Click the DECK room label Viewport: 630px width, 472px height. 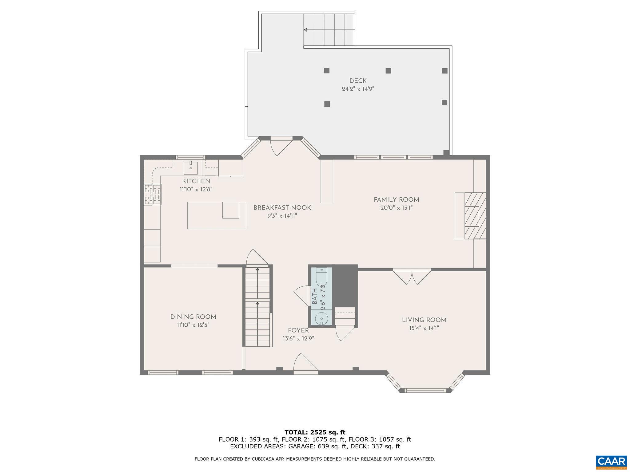358,81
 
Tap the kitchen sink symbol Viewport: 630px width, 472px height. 191,168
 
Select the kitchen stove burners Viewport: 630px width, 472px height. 153,194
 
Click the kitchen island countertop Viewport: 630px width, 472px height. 205,215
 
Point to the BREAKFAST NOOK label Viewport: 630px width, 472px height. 282,208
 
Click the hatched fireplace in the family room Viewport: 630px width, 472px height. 475,216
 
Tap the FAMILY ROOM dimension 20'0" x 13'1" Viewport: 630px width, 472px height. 396,208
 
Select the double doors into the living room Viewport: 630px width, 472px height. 412,276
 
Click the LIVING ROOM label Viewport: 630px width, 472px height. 424,320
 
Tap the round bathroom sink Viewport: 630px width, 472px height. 321,318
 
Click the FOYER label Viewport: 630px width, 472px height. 298,330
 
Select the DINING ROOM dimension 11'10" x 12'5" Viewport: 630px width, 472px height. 193,325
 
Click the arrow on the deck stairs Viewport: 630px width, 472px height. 305,30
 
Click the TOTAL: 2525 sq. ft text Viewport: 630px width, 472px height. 315,432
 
